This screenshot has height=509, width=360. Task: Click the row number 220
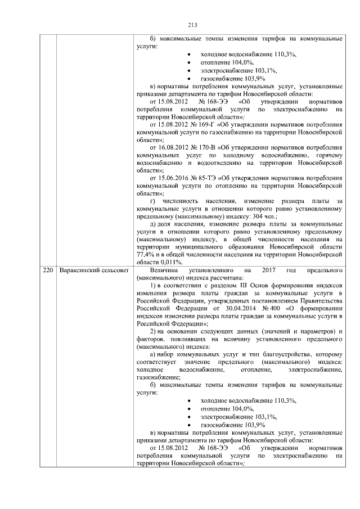pyautogui.click(x=49, y=271)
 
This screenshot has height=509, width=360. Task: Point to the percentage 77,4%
pyautogui.click(x=146, y=255)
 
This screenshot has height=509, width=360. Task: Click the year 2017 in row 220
pyautogui.click(x=267, y=271)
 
